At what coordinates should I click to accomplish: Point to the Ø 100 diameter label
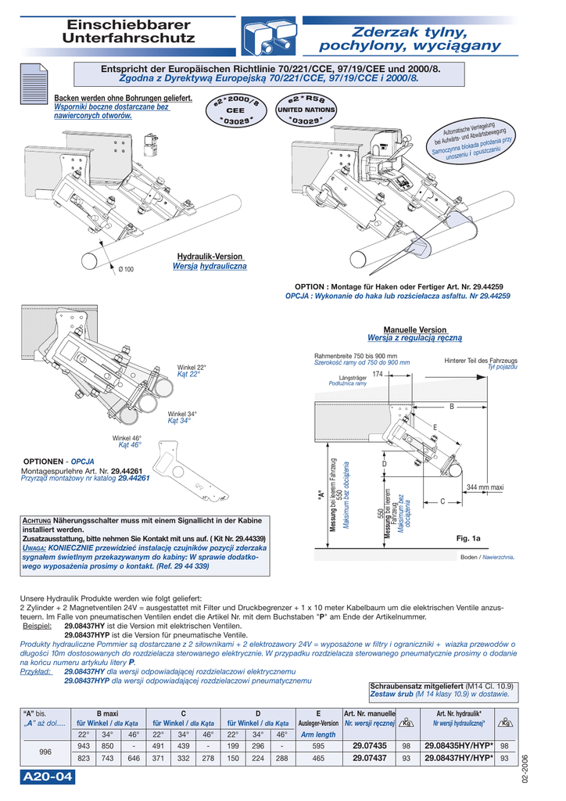pos(126,269)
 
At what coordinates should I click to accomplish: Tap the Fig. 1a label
pos(468,538)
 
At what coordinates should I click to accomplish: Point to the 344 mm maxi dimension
pos(485,487)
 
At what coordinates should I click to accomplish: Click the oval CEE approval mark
pos(236,111)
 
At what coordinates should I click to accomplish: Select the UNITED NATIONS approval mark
pos(306,110)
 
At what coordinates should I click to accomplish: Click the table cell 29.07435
pos(369,745)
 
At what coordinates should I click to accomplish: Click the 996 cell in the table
pos(45,752)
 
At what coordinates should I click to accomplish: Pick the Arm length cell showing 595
pos(317,745)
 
